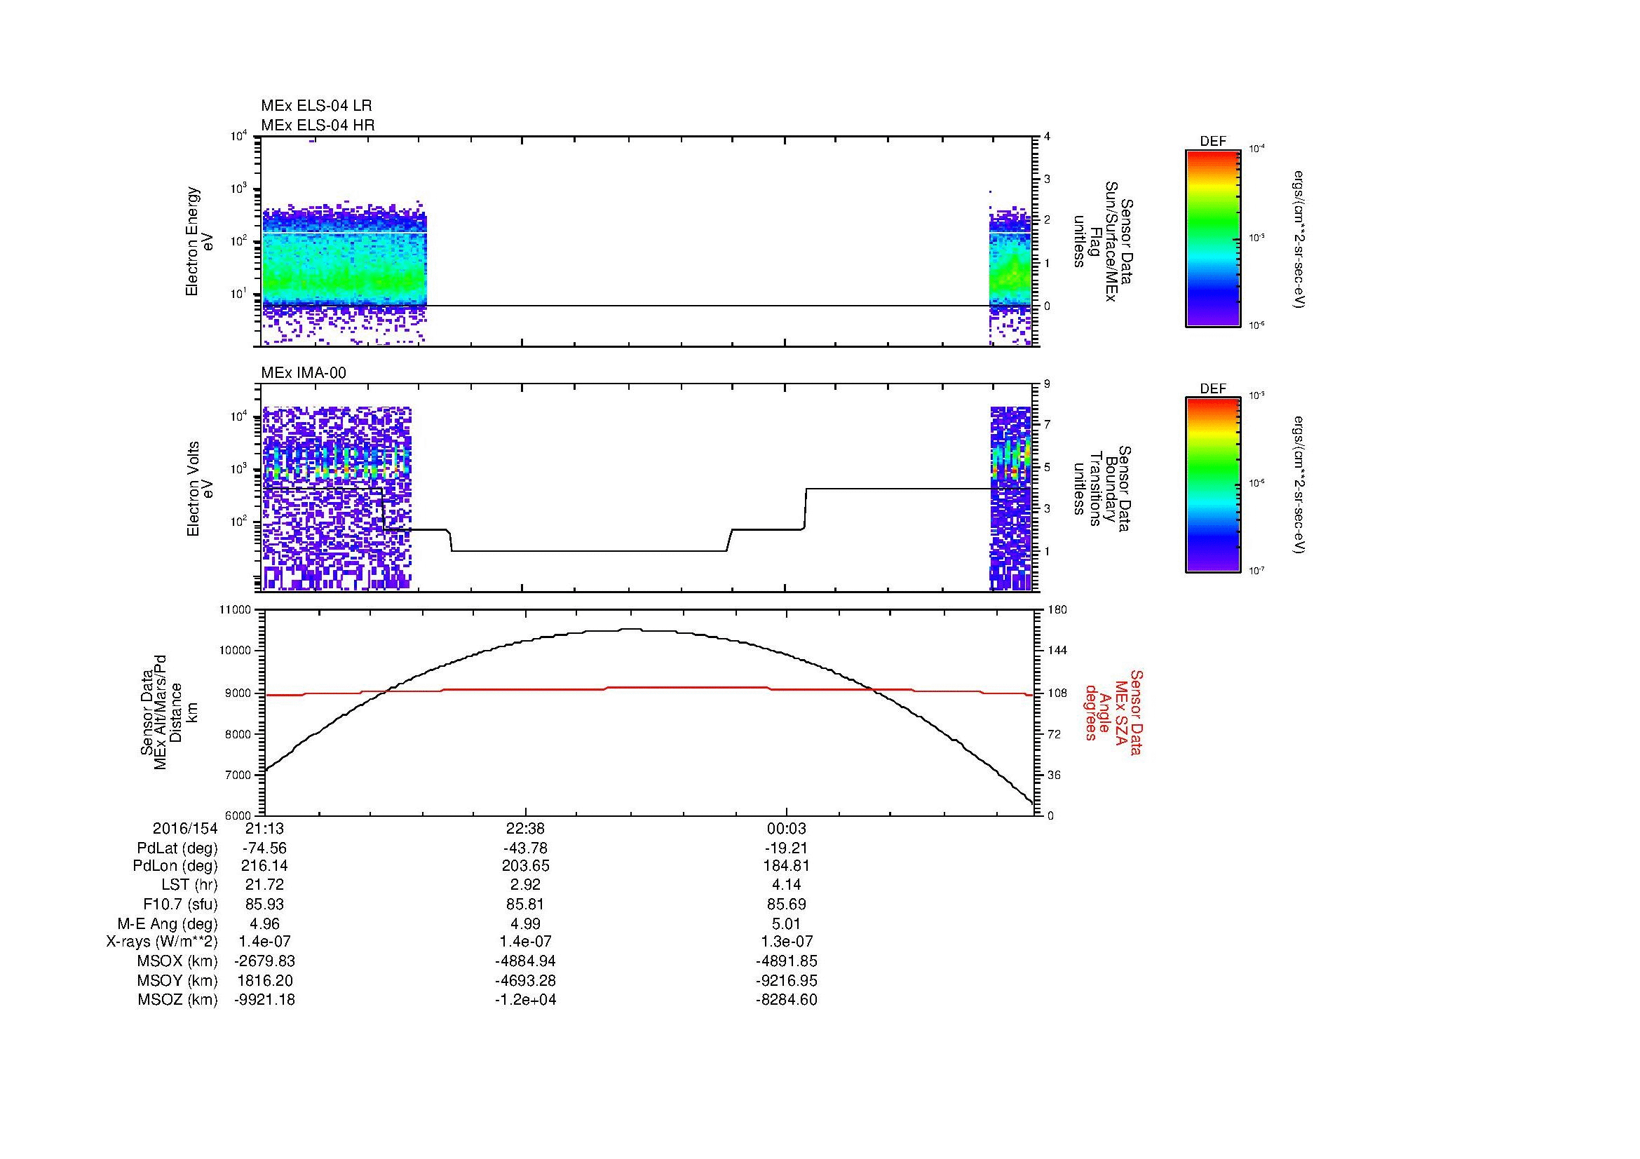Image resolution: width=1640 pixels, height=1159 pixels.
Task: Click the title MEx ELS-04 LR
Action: pos(316,106)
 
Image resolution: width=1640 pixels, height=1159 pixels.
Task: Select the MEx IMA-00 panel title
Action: pos(303,373)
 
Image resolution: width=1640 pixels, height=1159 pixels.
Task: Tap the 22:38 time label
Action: pos(525,829)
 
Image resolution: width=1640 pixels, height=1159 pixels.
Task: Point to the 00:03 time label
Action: pos(787,829)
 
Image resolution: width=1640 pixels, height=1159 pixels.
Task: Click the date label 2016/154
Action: pos(184,829)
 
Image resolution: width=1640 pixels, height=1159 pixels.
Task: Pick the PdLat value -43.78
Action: pos(525,848)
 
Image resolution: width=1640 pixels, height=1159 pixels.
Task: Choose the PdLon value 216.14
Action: pos(265,866)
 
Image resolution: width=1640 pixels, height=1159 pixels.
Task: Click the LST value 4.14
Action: pos(787,886)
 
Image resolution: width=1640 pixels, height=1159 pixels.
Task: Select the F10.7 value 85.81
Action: pos(525,904)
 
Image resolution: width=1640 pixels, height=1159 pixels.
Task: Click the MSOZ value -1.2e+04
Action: pos(525,1000)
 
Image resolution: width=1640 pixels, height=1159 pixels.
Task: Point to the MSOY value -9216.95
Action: pos(787,980)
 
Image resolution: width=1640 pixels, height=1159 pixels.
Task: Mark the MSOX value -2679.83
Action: pos(265,961)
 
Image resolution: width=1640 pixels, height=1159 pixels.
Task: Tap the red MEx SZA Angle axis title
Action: pos(1113,712)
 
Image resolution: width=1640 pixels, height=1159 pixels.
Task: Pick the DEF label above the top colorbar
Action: pos(1213,142)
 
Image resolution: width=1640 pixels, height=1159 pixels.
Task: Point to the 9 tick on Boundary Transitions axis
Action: pos(1047,384)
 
